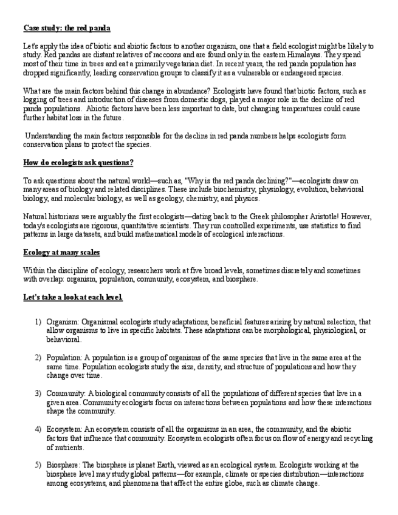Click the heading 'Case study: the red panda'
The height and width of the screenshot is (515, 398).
click(x=67, y=28)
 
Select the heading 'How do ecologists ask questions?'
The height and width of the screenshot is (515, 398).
click(x=78, y=163)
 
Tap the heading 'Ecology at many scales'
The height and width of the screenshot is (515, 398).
click(x=61, y=252)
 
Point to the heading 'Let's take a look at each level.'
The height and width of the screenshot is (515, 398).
click(x=73, y=297)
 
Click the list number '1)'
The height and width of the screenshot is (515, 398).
click(x=38, y=322)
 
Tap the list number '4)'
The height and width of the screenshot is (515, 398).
click(x=38, y=429)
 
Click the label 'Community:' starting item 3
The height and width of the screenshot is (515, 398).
click(x=66, y=394)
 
